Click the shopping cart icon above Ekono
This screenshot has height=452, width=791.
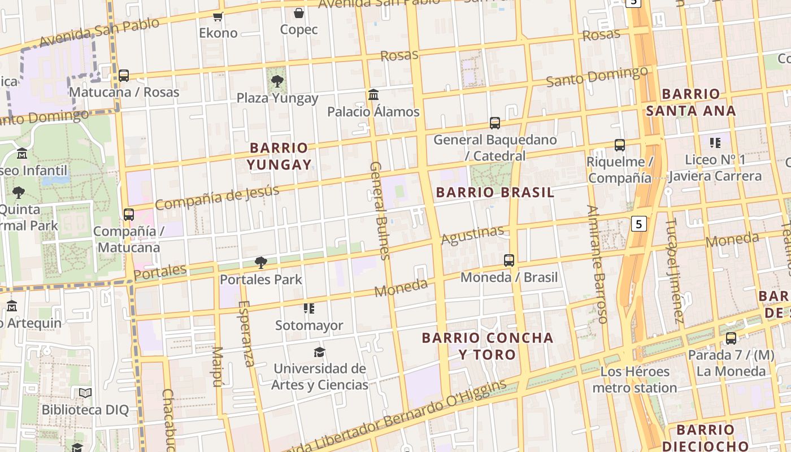[218, 16]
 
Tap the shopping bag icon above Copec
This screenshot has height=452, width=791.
[298, 13]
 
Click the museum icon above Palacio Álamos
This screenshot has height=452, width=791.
[373, 95]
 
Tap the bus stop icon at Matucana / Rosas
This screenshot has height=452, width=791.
[123, 75]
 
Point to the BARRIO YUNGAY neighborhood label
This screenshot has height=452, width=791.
[279, 156]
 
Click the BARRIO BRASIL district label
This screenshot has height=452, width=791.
[495, 192]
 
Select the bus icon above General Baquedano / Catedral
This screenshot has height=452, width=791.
[495, 123]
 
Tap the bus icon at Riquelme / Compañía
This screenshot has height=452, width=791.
[620, 145]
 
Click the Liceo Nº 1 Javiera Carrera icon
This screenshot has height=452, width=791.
[715, 143]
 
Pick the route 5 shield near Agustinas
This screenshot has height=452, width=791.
[638, 224]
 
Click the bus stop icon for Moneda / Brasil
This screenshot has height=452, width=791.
[509, 260]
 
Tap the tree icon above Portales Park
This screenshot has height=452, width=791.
[260, 263]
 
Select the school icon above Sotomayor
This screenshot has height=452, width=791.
[308, 308]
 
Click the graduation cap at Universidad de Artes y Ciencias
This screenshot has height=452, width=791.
[320, 353]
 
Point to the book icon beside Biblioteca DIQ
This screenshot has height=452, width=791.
[85, 393]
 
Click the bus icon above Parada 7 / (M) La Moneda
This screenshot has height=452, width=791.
[731, 338]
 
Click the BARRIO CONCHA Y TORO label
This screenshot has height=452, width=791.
[488, 346]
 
